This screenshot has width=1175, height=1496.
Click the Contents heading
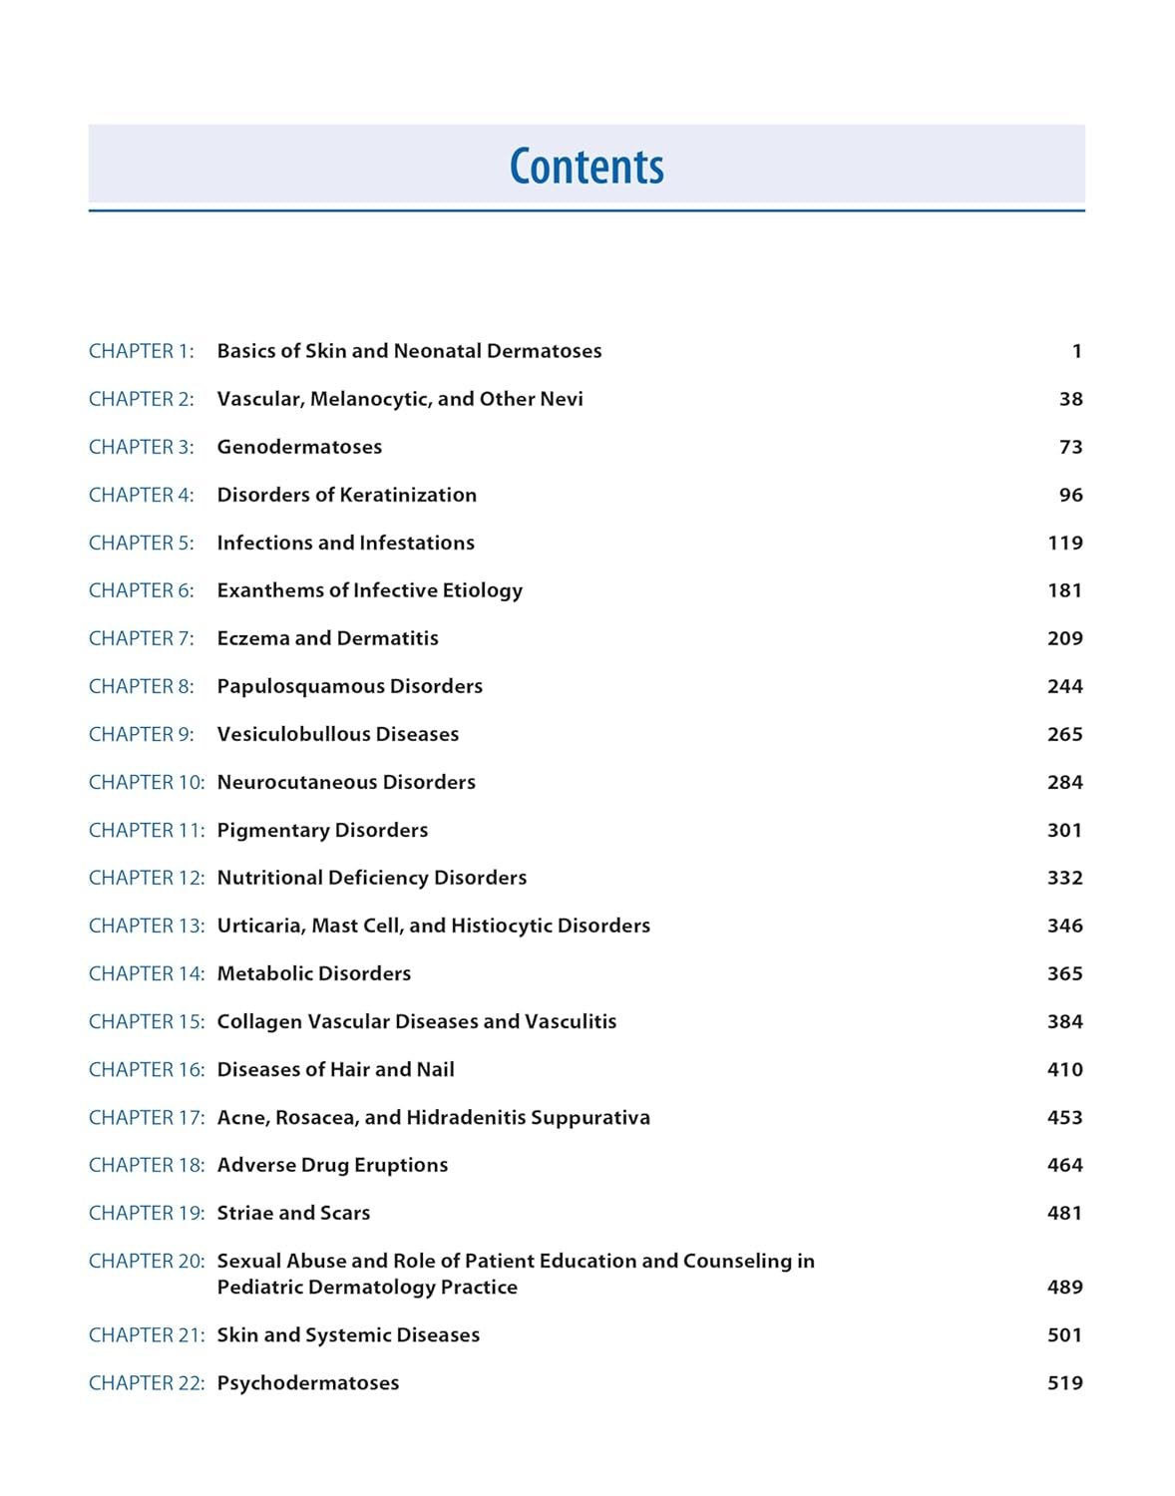[587, 167]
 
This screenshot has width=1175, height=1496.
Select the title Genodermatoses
[299, 447]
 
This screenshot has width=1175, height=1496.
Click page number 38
[1070, 399]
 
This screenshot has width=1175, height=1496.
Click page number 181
[1064, 590]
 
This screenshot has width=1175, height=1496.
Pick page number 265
[1064, 734]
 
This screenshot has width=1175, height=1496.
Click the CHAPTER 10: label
[146, 782]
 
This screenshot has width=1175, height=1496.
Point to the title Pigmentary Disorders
[322, 830]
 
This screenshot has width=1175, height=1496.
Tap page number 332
[1064, 878]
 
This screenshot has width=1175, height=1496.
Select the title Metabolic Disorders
[313, 973]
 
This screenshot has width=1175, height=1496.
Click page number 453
[1064, 1117]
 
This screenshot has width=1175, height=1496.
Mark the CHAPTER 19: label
[146, 1213]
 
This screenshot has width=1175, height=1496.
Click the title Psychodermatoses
[307, 1383]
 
